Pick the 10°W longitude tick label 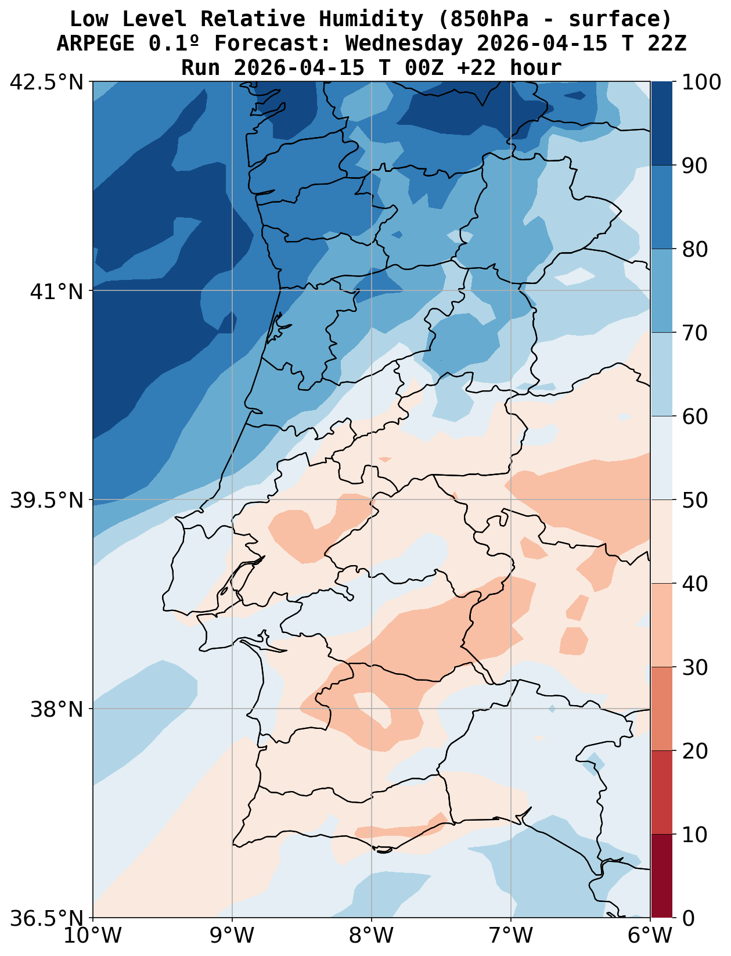click(x=93, y=936)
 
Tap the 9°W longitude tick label click(x=232, y=936)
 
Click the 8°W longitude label click(x=372, y=936)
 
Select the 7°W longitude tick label click(x=511, y=936)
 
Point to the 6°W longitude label click(x=650, y=936)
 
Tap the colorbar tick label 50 click(x=694, y=500)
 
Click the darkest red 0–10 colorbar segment click(x=661, y=876)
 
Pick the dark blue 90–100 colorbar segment click(x=661, y=124)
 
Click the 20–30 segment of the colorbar click(x=661, y=709)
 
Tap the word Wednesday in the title click(x=404, y=44)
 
